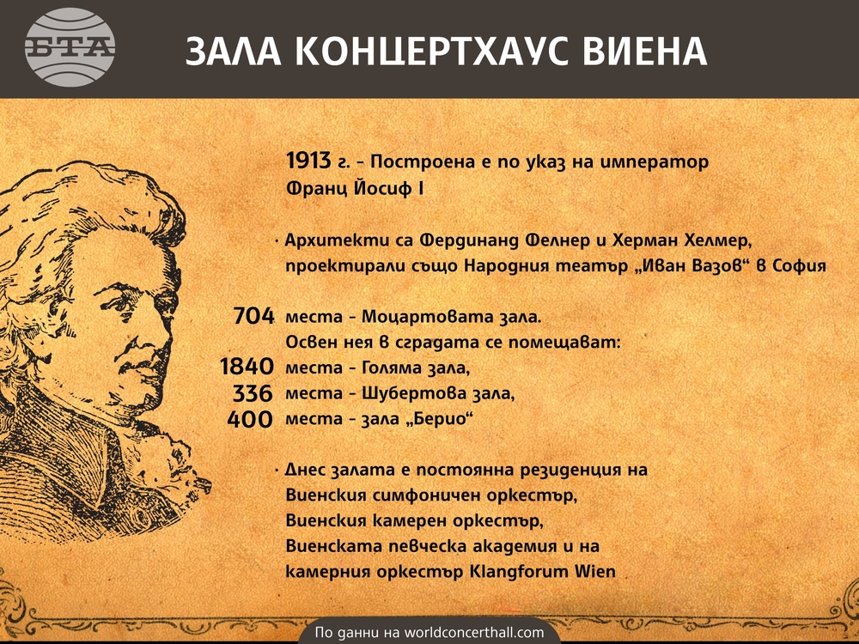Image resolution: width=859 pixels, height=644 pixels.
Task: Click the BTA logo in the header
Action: point(70,47)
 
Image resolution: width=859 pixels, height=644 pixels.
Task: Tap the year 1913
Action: point(308,161)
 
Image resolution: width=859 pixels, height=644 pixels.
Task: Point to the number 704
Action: point(253,316)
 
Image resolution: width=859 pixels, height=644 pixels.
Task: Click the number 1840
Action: point(247,367)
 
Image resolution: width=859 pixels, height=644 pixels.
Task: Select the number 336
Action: point(253,392)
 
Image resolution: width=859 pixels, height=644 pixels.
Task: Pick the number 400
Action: point(250,419)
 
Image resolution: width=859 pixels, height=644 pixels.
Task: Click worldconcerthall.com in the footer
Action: point(474,633)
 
